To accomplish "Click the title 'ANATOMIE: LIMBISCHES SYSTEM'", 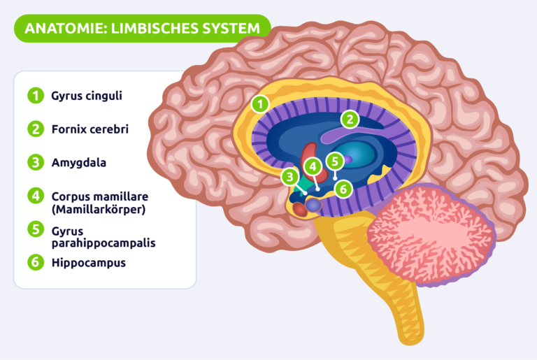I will [142, 28].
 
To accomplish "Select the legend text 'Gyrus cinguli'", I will [87, 96].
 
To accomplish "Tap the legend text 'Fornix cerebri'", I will [89, 129].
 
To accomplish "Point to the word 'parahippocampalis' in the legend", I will [103, 243].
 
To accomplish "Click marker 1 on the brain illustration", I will [260, 104].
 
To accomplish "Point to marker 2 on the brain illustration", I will [350, 120].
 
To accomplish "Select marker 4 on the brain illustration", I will [312, 166].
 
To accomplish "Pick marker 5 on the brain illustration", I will [335, 161].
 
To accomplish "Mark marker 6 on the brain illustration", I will [342, 188].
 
